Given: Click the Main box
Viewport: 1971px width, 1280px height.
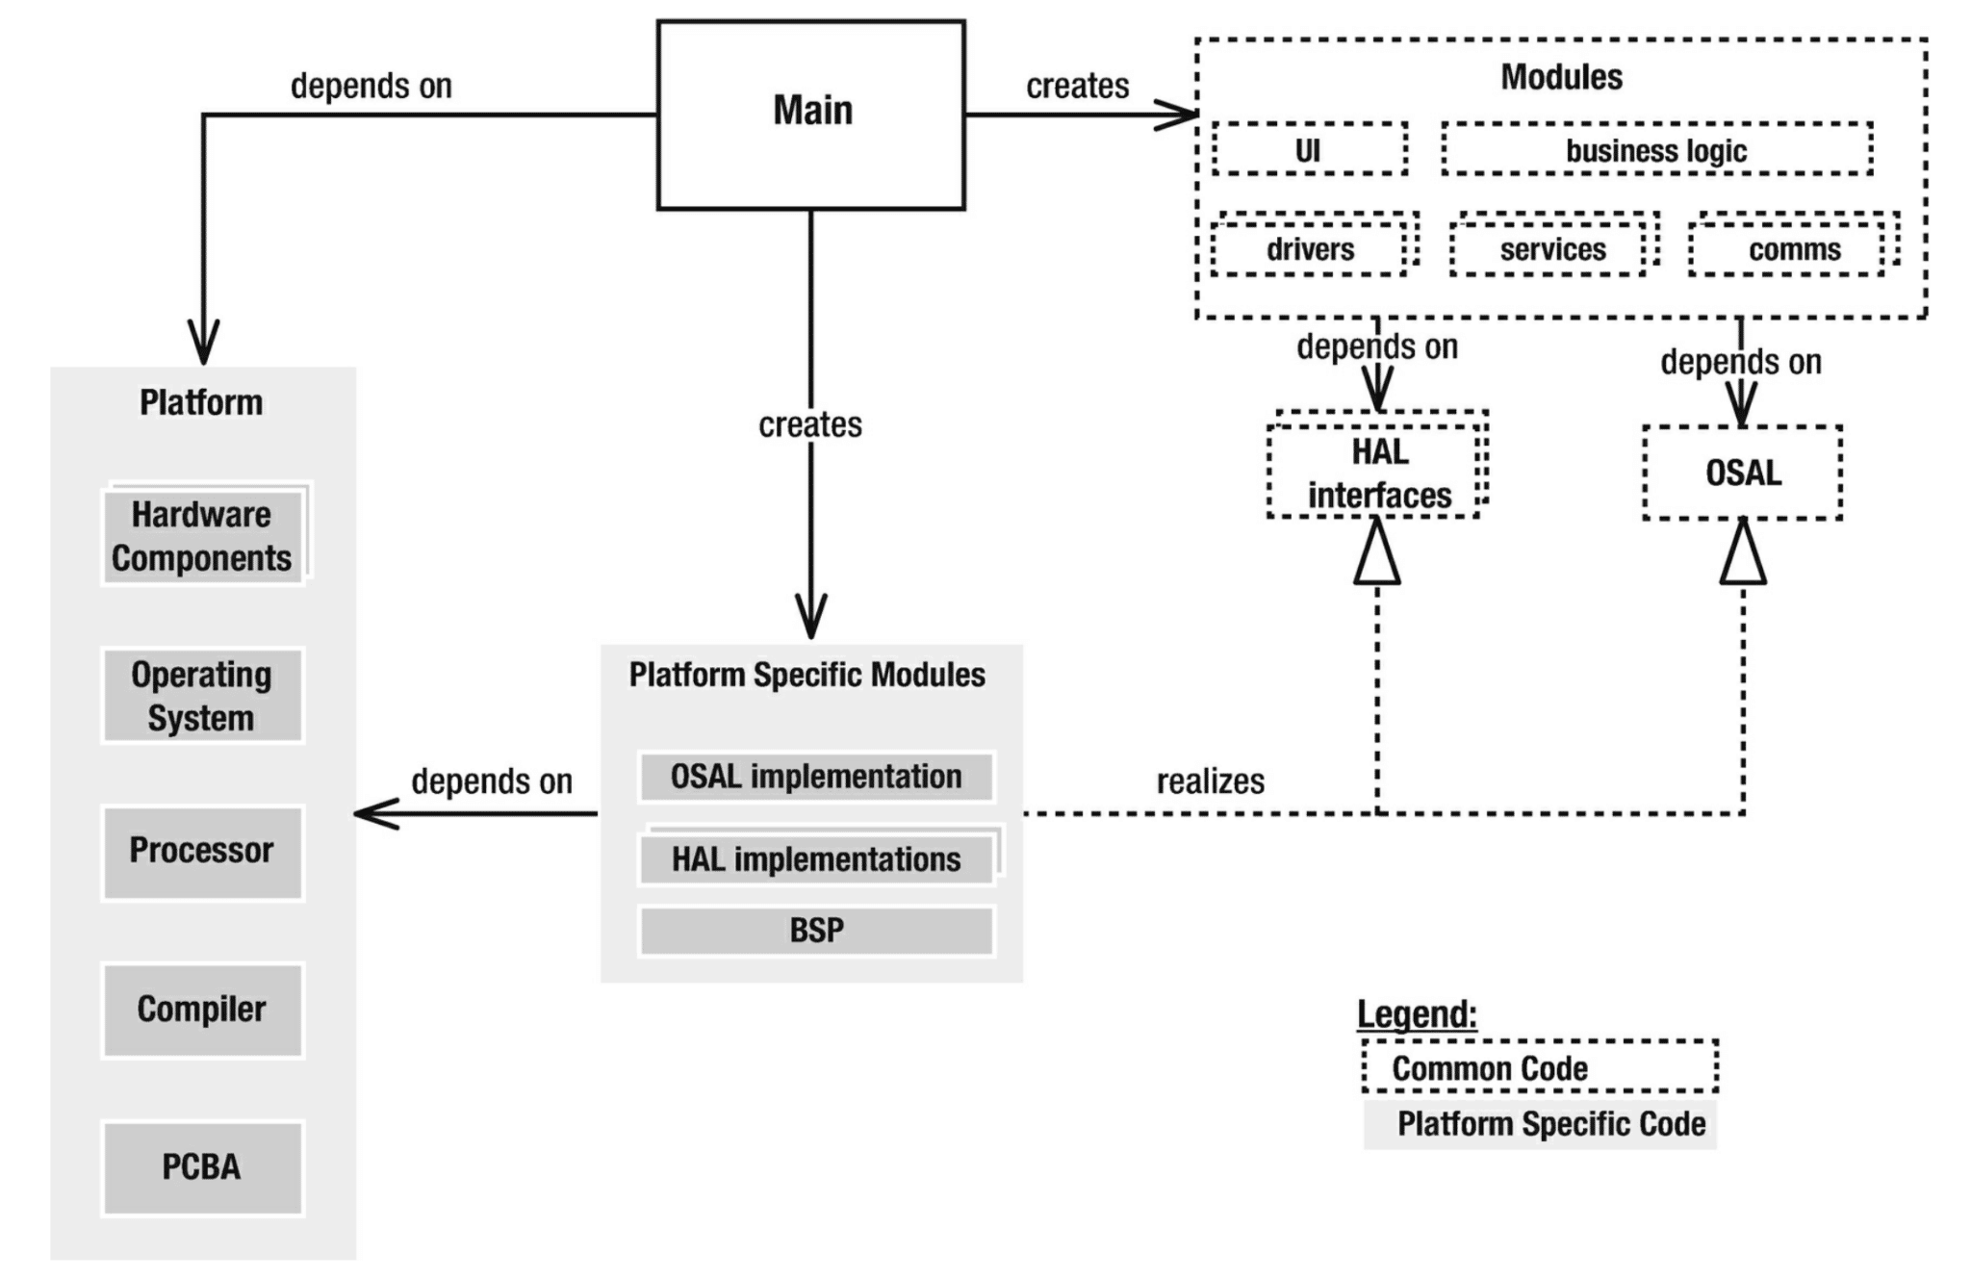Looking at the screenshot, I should click(x=810, y=114).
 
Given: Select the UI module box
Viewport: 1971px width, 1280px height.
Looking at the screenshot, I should click(x=1309, y=149).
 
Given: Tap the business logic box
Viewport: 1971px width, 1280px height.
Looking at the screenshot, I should click(x=1655, y=149).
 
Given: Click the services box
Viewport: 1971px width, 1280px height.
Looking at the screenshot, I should click(x=1551, y=249).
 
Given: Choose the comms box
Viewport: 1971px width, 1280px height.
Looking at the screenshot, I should click(x=1792, y=249).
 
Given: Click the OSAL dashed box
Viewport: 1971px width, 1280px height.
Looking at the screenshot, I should click(x=1742, y=473).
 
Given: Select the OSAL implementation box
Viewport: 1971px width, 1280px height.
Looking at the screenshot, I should click(x=815, y=777).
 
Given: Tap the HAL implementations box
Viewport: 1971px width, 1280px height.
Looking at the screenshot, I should click(x=815, y=858).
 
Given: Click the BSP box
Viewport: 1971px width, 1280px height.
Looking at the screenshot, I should click(x=815, y=931).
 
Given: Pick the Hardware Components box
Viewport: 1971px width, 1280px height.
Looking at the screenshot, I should click(x=202, y=536).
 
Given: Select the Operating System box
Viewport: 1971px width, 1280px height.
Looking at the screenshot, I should click(x=202, y=696).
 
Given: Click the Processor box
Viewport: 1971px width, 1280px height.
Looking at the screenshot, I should click(x=202, y=852).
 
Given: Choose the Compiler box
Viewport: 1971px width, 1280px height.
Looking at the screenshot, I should click(x=202, y=1010).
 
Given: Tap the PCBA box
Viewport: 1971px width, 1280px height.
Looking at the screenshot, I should click(x=202, y=1167).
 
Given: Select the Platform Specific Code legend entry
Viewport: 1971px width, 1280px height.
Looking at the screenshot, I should click(x=1540, y=1123).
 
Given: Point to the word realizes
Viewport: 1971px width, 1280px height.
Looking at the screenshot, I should click(x=1210, y=781).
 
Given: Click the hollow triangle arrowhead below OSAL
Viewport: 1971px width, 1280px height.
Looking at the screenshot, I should click(x=1743, y=556).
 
